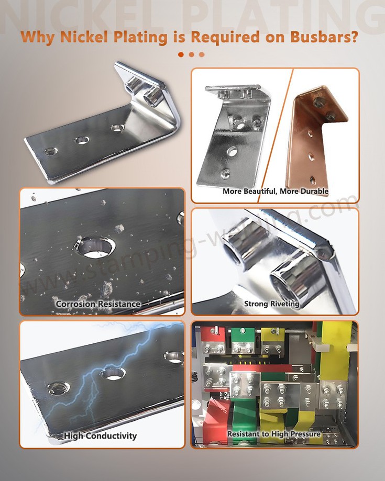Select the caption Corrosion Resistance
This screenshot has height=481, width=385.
point(98,304)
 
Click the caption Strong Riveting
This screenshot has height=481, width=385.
point(271,304)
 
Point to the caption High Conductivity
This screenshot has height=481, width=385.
point(100,435)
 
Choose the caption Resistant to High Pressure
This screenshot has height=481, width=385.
point(273,434)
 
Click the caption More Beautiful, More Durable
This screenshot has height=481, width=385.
point(275,191)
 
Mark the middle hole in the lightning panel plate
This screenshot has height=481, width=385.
point(113,373)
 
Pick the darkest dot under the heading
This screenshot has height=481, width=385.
point(181,54)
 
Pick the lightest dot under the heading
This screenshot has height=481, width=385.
point(202,54)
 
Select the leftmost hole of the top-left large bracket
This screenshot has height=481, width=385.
point(51,151)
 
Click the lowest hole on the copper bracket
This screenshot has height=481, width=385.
point(312,180)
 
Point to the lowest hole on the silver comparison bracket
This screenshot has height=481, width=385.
point(225,173)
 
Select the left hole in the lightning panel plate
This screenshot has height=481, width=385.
point(58,388)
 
